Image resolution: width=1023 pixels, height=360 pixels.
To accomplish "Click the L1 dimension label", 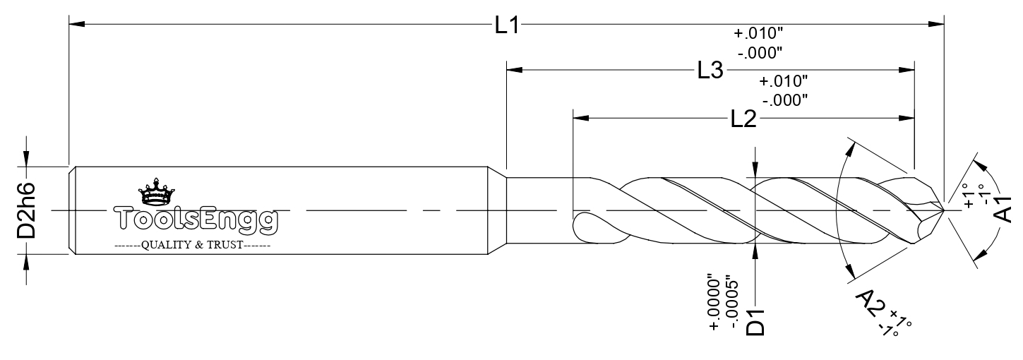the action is (508, 25).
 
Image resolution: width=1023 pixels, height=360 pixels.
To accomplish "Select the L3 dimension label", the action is (711, 71).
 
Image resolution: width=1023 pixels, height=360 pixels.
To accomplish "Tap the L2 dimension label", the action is (744, 119).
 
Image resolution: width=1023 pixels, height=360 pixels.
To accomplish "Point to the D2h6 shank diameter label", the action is (26, 210).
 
